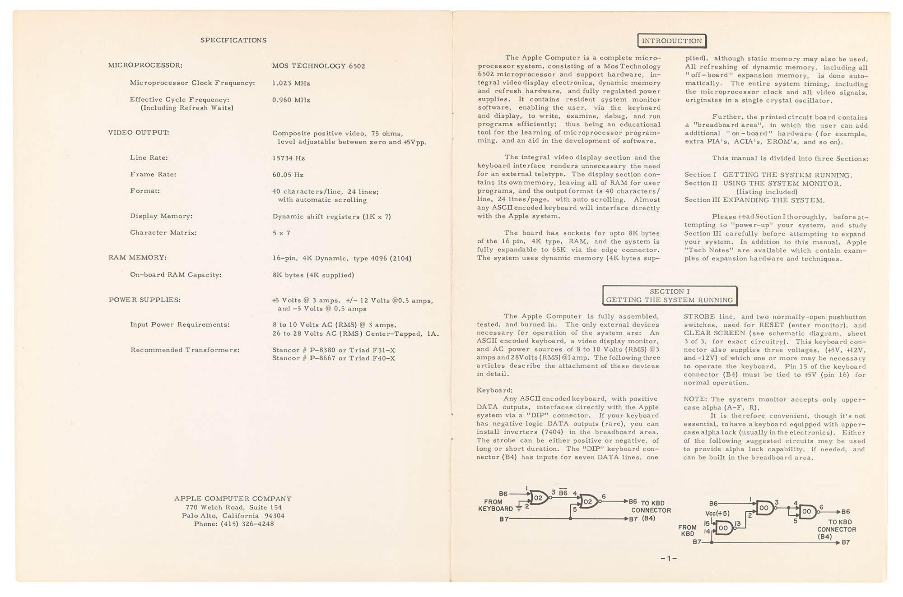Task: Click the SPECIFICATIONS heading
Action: [233, 40]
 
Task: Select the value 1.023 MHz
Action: [291, 83]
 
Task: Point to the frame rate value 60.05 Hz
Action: [288, 175]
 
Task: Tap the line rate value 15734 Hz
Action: [289, 158]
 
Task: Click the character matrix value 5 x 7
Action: [281, 233]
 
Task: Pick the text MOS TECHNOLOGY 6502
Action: [319, 66]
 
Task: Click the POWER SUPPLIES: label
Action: [144, 300]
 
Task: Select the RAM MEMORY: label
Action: [138, 258]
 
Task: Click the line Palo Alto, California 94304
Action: [233, 516]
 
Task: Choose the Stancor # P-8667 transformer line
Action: [334, 358]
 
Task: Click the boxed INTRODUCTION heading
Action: [672, 41]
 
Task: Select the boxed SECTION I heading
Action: [670, 296]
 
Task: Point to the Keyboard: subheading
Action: [495, 390]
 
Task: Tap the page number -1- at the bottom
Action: [669, 558]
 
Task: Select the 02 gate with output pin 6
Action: [588, 501]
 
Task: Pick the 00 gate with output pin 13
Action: [723, 528]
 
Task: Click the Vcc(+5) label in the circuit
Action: [717, 514]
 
